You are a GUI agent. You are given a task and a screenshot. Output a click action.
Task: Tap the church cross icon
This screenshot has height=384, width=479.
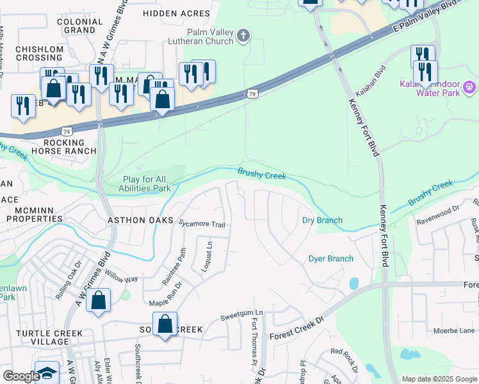coord(243,36)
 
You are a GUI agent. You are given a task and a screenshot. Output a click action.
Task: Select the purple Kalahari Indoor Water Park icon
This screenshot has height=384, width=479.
coord(469,86)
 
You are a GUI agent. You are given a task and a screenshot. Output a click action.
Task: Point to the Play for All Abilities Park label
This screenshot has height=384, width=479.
coord(144,184)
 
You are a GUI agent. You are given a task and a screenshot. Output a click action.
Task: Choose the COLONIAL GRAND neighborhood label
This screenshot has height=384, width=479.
coord(80,26)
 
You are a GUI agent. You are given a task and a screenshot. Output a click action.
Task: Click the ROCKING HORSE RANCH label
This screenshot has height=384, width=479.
coord(69,147)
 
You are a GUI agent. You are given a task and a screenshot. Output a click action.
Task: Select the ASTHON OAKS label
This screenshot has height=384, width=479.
coord(140,220)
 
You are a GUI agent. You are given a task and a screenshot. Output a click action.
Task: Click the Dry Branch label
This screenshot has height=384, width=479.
coord(322,220)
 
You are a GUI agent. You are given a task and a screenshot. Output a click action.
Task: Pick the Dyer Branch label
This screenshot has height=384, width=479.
coord(331,259)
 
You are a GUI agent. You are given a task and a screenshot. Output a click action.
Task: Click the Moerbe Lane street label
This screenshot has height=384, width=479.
coord(453,330)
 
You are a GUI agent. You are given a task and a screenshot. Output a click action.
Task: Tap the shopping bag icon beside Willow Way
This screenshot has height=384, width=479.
coord(99,301)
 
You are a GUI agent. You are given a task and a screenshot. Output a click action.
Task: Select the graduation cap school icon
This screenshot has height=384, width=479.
coord(47,373)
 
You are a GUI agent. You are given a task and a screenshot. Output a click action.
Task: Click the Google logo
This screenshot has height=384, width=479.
coord(21,376)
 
